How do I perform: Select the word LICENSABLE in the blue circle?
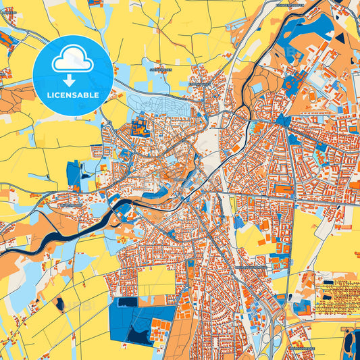pyautogui.click(x=72, y=95)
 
